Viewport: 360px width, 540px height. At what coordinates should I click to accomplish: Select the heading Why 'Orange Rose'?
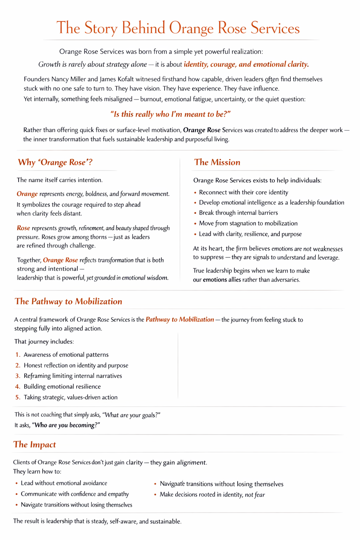coord(55,162)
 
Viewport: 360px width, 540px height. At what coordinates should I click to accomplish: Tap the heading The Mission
coord(217,162)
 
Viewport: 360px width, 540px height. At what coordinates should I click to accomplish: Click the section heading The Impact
coord(34,445)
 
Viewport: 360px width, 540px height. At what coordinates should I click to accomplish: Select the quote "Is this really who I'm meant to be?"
coord(170,114)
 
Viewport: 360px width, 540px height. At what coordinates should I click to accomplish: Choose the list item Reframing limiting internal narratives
coord(73,376)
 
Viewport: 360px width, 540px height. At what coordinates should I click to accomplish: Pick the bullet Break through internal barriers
coord(238,213)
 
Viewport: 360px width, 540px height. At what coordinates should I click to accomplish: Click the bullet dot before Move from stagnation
coord(195,224)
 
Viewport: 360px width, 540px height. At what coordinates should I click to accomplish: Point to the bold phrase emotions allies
coord(221,280)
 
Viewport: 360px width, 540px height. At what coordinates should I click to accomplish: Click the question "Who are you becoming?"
coord(66,425)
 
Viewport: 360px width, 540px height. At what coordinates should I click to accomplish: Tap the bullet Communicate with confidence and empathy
coord(75,494)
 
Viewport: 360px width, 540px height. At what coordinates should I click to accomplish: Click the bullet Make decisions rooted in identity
coord(212,495)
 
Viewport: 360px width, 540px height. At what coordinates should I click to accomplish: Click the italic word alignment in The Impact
coord(191,463)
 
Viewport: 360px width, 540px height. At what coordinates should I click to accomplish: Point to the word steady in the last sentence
coord(97,521)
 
